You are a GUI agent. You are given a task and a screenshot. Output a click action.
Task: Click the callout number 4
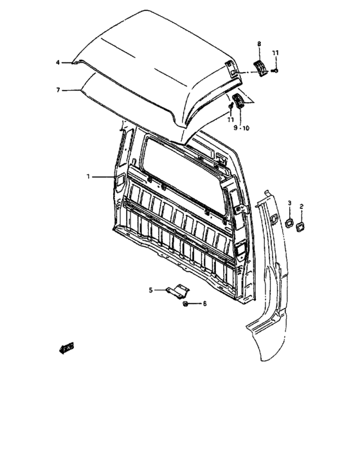click(57, 62)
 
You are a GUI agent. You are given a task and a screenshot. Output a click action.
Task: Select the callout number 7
click(57, 91)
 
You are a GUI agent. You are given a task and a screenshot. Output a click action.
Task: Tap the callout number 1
click(89, 175)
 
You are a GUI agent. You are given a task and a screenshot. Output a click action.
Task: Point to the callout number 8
click(259, 43)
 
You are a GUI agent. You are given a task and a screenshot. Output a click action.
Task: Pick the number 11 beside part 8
click(275, 52)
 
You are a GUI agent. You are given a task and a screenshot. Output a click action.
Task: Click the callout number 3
click(289, 203)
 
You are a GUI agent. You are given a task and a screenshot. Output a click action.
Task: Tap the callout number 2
click(301, 206)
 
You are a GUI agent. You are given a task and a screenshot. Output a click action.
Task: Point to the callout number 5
click(151, 290)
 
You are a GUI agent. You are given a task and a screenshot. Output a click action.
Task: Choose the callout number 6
click(204, 303)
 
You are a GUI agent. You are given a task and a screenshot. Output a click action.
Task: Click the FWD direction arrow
click(66, 348)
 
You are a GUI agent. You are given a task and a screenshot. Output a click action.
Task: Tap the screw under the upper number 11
click(274, 70)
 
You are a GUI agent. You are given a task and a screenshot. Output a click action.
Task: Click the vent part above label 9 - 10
click(240, 101)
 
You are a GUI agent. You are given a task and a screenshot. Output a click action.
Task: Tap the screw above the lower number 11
click(230, 105)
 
